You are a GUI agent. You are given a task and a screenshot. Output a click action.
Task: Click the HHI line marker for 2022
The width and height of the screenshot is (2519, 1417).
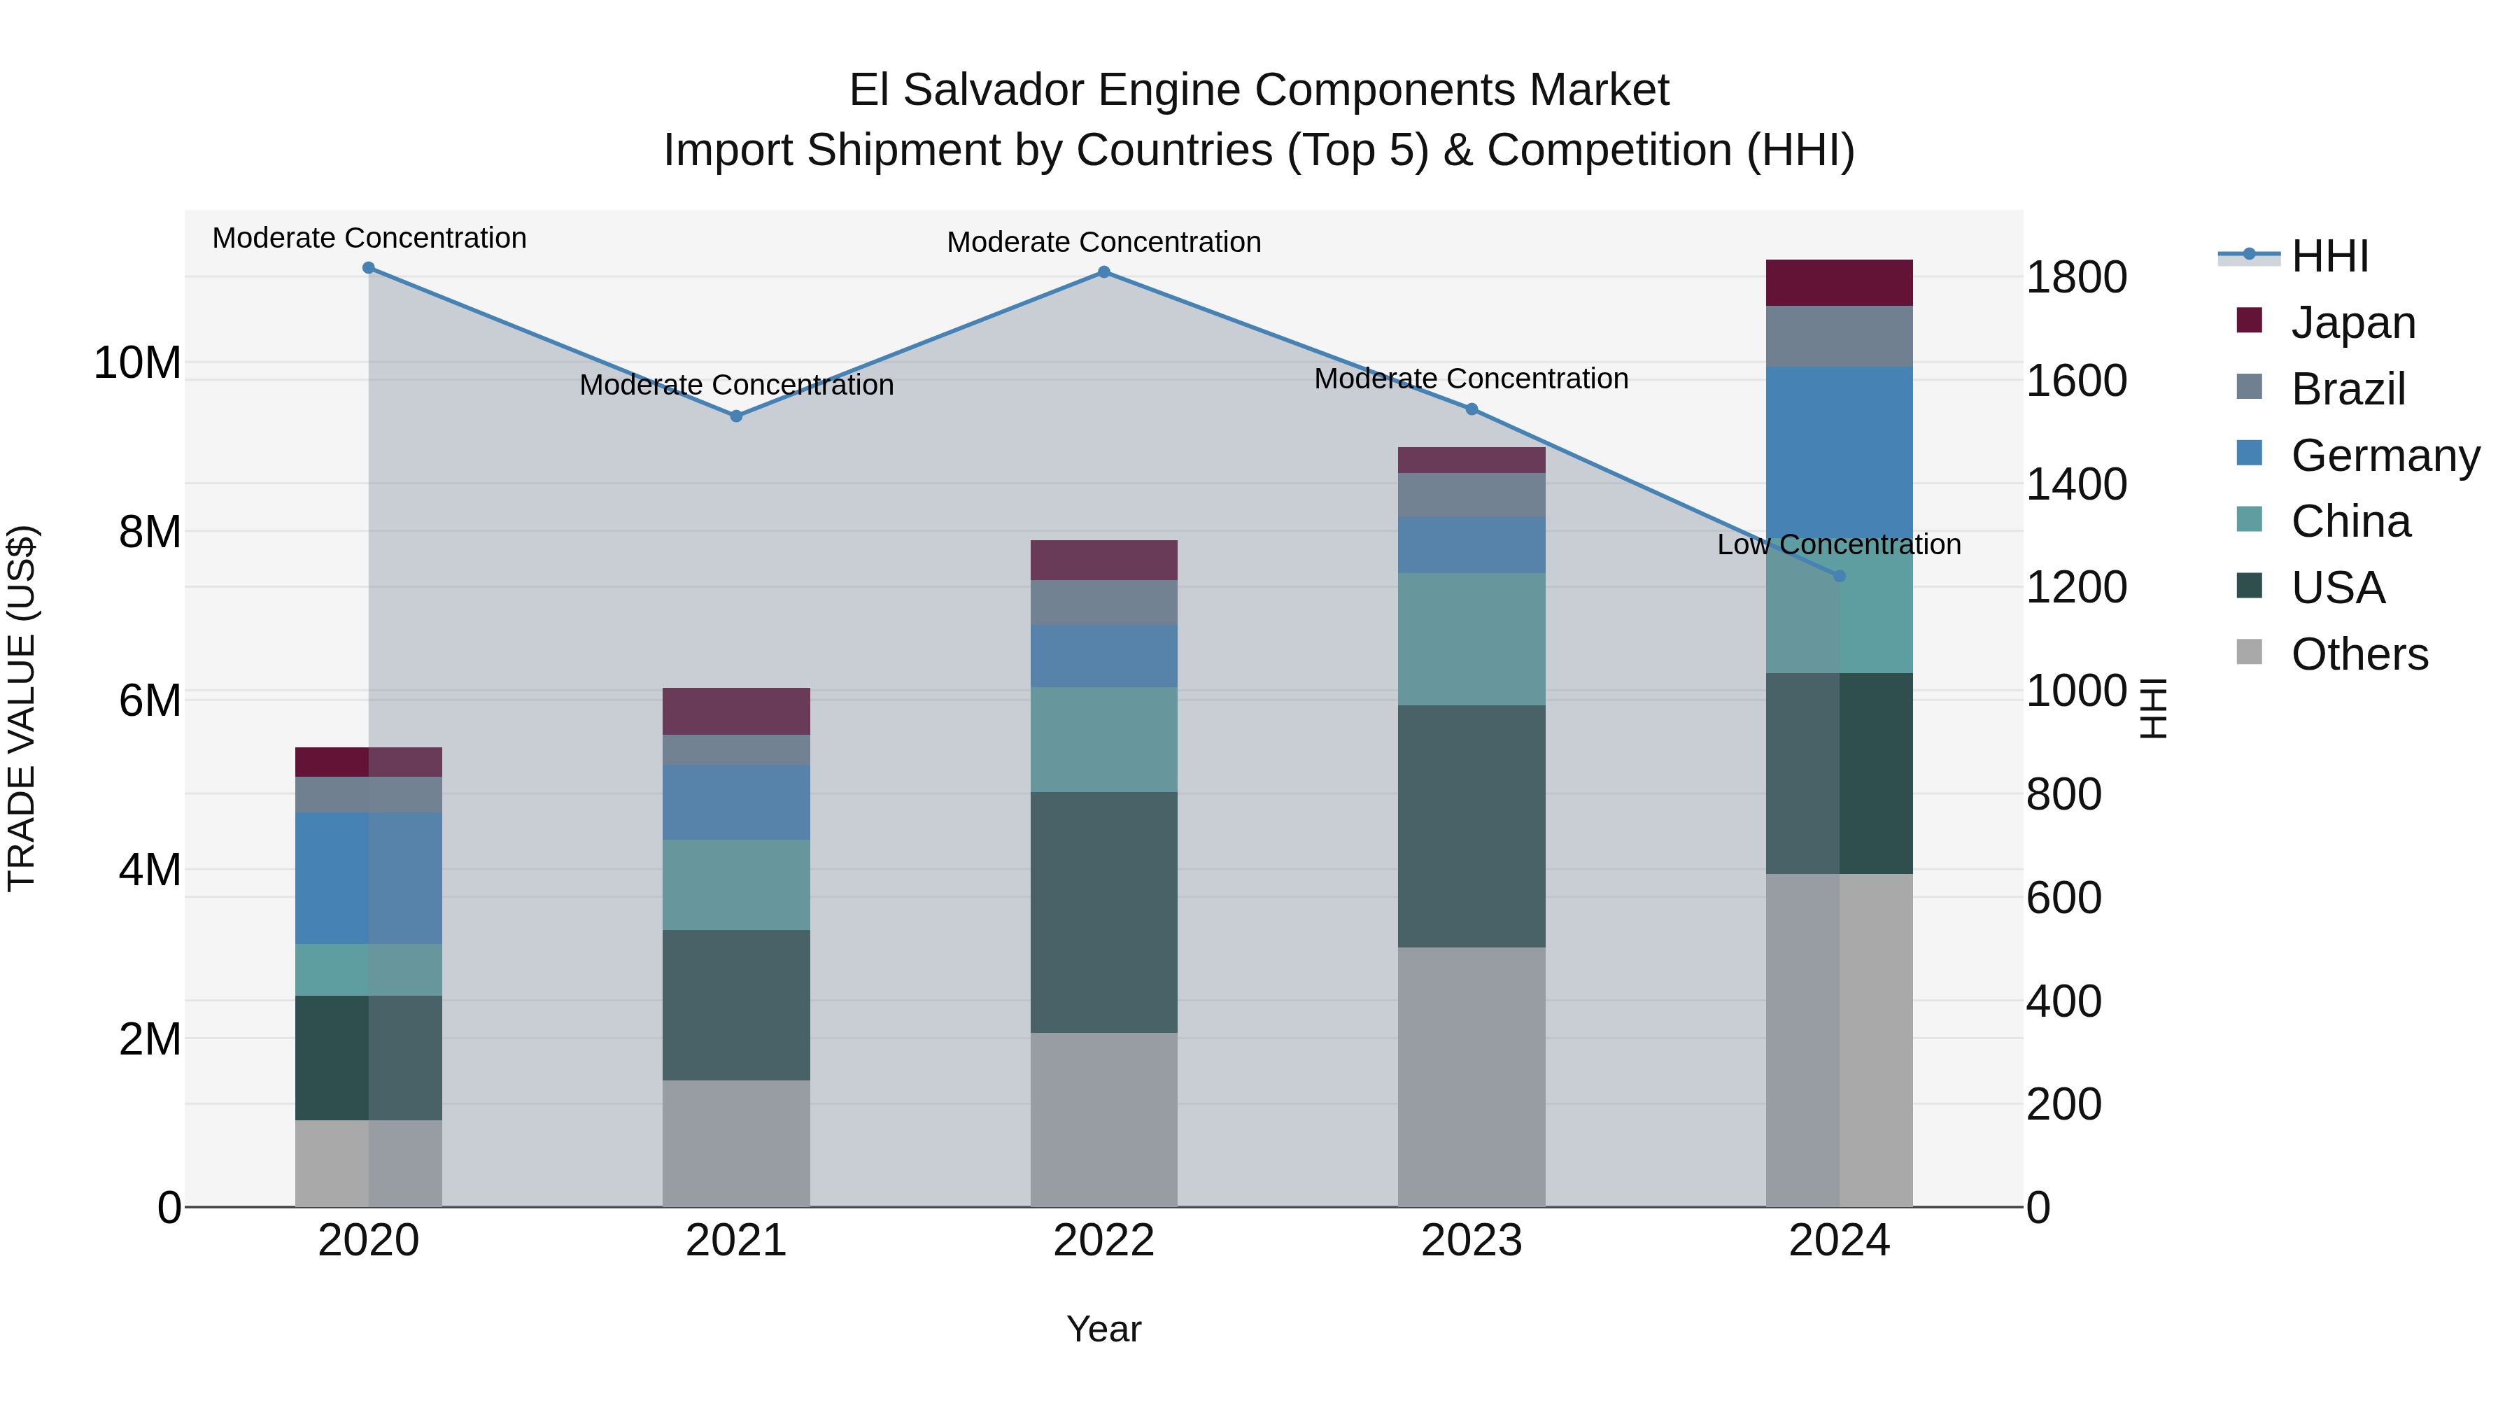(1104, 272)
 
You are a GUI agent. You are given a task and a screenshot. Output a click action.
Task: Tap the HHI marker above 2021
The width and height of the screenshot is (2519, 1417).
(736, 416)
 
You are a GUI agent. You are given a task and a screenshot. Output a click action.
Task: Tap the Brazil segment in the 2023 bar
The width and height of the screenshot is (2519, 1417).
(1471, 495)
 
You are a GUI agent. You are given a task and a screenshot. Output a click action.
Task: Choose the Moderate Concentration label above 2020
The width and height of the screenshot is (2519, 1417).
(369, 239)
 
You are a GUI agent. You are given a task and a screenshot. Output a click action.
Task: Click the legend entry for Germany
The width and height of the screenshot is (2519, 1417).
(2384, 456)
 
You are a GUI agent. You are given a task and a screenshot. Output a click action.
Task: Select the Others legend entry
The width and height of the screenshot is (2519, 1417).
(2359, 654)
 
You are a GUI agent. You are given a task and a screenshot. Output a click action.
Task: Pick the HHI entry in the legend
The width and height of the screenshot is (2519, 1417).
(2329, 256)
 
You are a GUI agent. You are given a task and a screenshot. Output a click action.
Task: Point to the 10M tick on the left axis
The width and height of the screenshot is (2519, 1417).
(137, 362)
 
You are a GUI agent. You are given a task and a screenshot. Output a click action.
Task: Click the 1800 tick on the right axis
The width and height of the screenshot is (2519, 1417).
(2075, 278)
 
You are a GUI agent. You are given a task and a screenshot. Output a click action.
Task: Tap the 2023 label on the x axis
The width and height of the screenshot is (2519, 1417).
(1471, 1241)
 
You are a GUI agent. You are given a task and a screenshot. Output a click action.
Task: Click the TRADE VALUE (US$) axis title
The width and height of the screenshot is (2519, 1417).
(22, 708)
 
